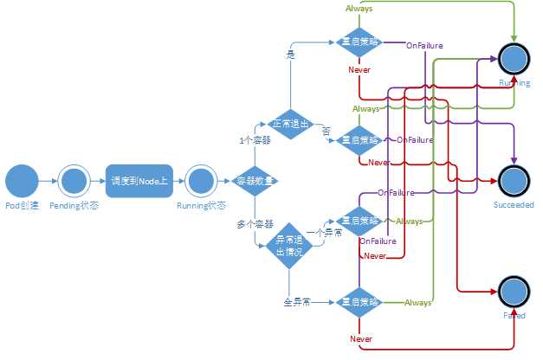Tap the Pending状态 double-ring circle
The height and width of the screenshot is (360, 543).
(73, 181)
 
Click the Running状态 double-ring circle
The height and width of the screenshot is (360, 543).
(201, 181)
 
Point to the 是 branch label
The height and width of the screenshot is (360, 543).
(290, 54)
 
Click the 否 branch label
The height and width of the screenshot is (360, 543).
(326, 130)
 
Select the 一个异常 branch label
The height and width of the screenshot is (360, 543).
(326, 232)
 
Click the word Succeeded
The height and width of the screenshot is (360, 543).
(514, 205)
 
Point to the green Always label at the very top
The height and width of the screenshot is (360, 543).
(359, 8)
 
